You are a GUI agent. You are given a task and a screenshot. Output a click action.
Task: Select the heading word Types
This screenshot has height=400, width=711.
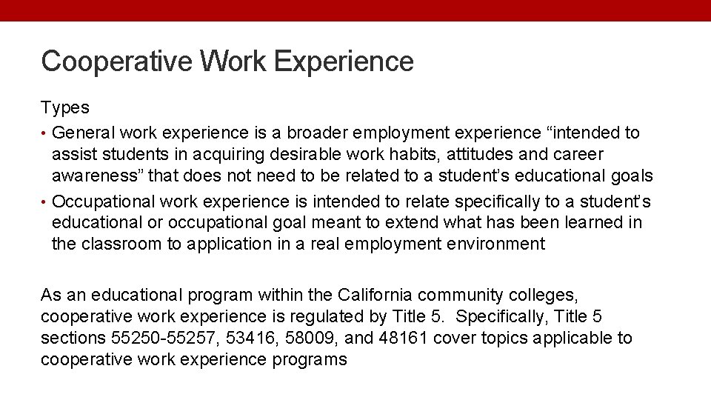click(65, 107)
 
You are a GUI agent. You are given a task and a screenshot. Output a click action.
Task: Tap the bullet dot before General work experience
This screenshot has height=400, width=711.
click(44, 133)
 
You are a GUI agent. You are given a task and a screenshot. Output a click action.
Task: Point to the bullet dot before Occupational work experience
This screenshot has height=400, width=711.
click(44, 201)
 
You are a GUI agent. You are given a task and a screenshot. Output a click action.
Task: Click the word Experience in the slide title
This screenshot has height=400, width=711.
click(344, 61)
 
